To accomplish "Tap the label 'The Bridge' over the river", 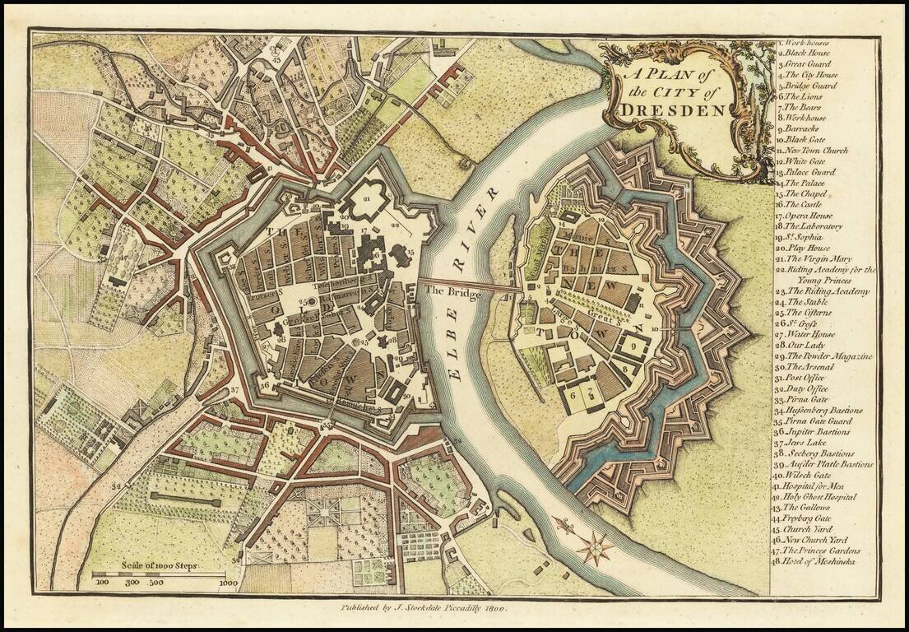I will (451, 290).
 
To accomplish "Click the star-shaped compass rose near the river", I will (595, 547).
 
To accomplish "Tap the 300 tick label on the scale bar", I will (131, 582).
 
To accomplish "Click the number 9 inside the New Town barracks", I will (634, 346).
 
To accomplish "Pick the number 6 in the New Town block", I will (574, 394).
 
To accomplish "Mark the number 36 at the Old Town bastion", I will (265, 384).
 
